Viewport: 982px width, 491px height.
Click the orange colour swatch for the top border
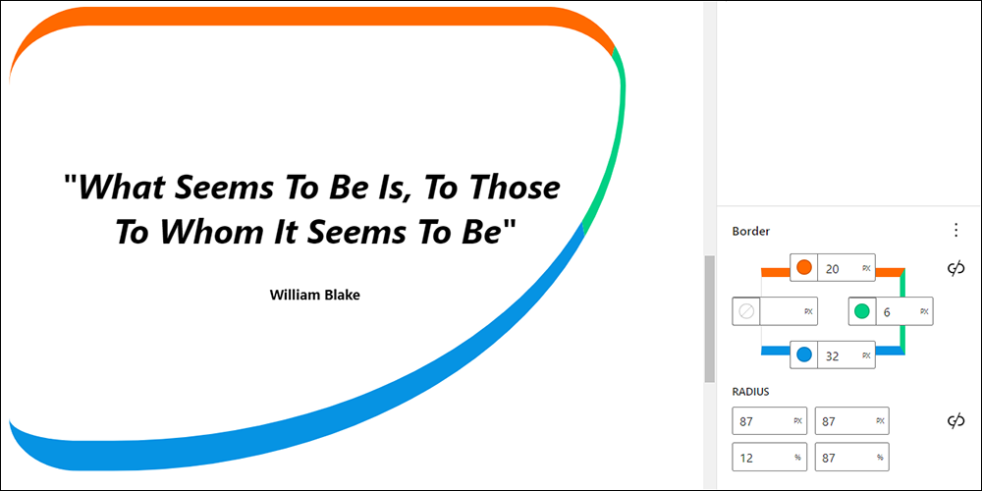click(x=804, y=268)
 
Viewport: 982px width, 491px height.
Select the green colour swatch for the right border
click(x=862, y=310)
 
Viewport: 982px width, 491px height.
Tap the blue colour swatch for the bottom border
click(x=804, y=355)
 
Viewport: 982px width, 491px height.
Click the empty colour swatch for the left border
click(x=746, y=310)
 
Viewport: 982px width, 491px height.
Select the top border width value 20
click(x=833, y=269)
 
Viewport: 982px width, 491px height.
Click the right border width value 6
click(x=887, y=311)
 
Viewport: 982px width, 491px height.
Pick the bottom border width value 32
click(x=833, y=355)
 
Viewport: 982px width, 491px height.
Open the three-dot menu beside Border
click(x=955, y=231)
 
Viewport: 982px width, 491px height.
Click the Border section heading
click(x=751, y=231)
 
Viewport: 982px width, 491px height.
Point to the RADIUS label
click(x=750, y=392)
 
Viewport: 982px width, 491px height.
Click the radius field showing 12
click(x=770, y=458)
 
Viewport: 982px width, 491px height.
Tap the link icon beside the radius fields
click(x=955, y=421)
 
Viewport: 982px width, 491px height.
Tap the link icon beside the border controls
click(x=955, y=269)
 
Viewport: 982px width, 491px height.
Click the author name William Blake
click(x=315, y=295)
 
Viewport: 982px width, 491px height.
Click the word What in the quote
click(x=120, y=188)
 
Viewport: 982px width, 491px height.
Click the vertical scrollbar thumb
click(x=710, y=319)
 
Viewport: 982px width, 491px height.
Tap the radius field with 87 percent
click(x=851, y=458)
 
